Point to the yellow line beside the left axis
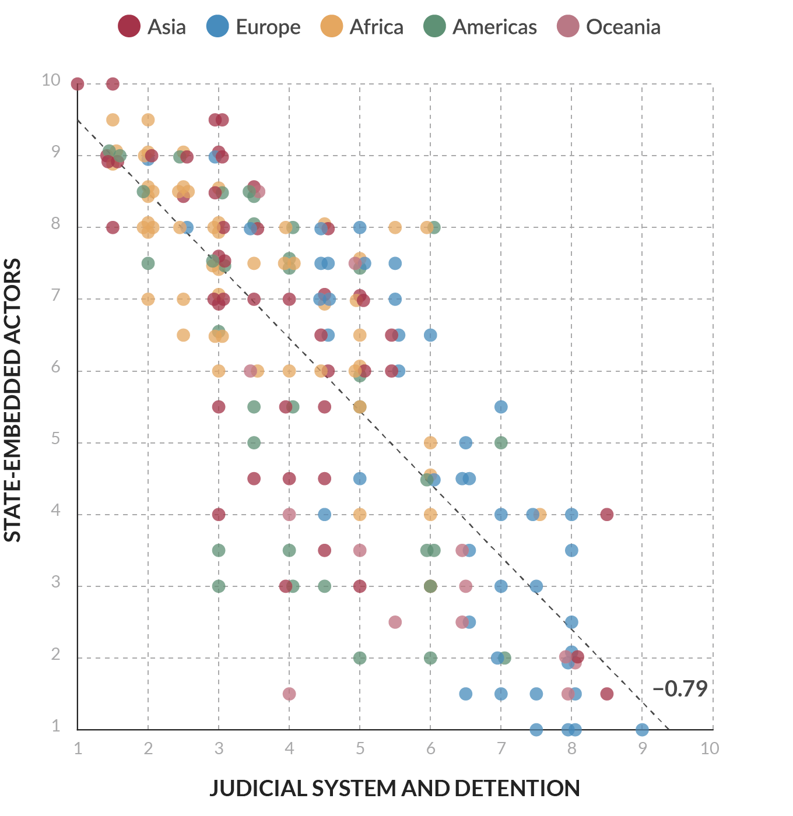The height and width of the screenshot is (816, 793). click(x=73, y=408)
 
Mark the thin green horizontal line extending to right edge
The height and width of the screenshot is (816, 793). click(x=641, y=222)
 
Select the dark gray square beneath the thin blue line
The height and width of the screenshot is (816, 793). click(x=552, y=612)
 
